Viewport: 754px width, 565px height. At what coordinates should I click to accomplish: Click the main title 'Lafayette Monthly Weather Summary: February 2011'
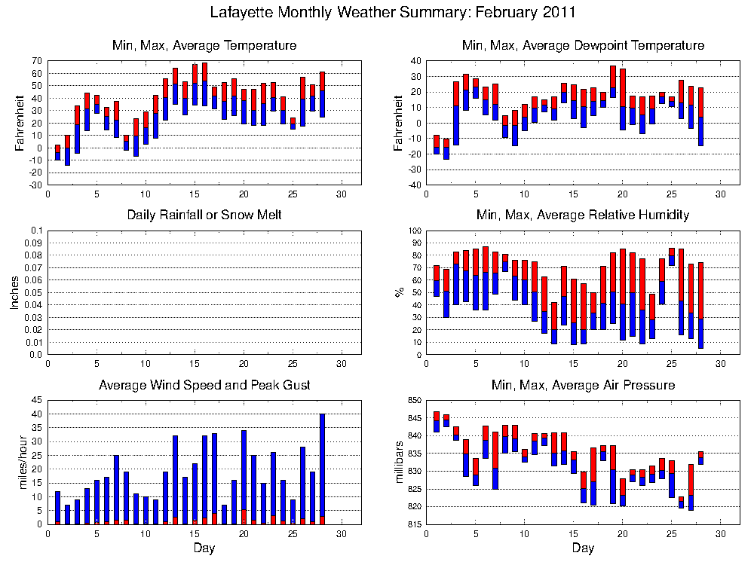(393, 12)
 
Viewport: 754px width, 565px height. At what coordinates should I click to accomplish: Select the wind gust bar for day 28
(322, 469)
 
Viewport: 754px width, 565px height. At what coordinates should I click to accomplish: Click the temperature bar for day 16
(205, 84)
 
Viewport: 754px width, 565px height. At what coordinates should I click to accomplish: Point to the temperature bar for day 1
(58, 152)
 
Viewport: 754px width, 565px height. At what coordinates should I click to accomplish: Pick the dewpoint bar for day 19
(613, 81)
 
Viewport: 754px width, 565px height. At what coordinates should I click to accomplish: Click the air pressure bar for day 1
(437, 422)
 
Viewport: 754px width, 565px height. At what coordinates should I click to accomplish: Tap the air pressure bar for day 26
(682, 502)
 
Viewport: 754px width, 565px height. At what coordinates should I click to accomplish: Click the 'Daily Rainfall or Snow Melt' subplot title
(204, 215)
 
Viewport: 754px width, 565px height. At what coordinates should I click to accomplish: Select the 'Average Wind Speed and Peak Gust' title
(204, 385)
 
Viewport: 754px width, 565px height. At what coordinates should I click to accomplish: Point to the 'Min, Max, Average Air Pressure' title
(584, 385)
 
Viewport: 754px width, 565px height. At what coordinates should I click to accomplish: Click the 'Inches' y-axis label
(14, 292)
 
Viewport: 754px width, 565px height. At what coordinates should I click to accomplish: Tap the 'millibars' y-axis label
(399, 463)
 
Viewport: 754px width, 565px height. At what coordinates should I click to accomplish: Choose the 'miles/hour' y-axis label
(23, 463)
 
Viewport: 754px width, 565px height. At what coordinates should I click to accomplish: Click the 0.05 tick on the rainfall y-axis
(34, 292)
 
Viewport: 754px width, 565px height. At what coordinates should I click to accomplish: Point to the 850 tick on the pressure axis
(415, 400)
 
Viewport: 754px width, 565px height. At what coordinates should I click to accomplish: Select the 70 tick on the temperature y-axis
(37, 61)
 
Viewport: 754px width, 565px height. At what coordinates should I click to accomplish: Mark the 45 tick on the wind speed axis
(37, 400)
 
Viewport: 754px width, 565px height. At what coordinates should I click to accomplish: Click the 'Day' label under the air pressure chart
(583, 548)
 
